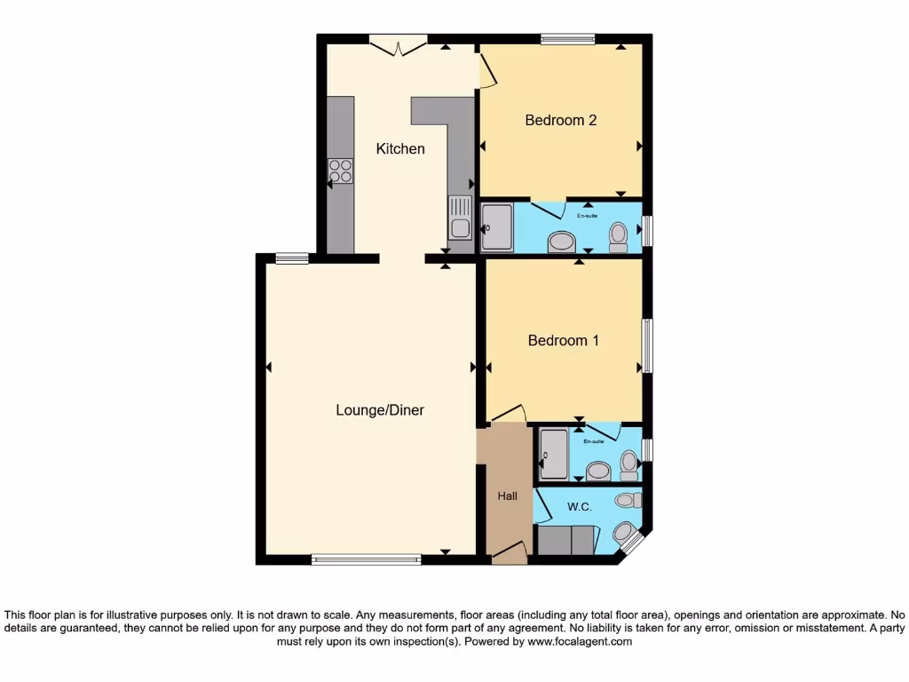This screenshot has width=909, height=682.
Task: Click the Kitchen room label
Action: (x=400, y=149)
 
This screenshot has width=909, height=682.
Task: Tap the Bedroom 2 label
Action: (x=560, y=120)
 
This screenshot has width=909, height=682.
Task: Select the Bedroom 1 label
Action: (x=564, y=340)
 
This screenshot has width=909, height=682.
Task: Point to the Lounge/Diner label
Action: (x=380, y=410)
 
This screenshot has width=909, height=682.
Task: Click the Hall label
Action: (x=507, y=496)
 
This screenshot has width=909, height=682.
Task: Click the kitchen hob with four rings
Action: (x=340, y=170)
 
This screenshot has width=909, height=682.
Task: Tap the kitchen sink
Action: (x=460, y=218)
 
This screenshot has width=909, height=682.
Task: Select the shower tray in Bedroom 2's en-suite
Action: (x=496, y=228)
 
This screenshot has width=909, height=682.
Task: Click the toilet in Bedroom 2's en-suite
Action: (x=619, y=234)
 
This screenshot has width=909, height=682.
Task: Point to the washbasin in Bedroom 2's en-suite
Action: (x=561, y=242)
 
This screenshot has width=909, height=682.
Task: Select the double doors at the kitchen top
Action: (x=398, y=44)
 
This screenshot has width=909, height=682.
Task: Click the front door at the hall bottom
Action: (x=509, y=555)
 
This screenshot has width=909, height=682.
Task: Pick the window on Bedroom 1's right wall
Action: (x=648, y=345)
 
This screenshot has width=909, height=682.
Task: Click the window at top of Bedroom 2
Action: (x=567, y=38)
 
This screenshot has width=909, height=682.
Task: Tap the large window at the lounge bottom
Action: (x=366, y=559)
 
